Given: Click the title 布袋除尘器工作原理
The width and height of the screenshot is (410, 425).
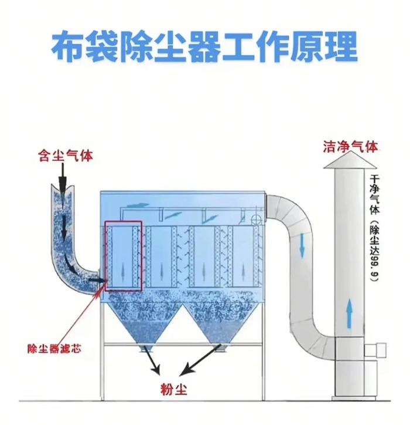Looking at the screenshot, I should coord(204,46).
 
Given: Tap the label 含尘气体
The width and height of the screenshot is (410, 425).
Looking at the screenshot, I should coord(66,157).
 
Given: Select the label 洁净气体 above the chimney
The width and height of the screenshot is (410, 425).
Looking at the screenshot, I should coord(350,146).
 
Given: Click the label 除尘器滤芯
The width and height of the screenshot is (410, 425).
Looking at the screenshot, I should coord(54,349).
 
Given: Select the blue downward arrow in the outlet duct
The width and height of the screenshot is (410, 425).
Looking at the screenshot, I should coord(302,245).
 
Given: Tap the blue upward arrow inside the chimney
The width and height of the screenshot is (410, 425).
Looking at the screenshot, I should coord(349,311).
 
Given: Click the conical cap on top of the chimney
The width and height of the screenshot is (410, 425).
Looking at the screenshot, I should coord(350,161).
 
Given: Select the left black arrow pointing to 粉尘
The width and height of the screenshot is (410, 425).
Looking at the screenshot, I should coord(152,365).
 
